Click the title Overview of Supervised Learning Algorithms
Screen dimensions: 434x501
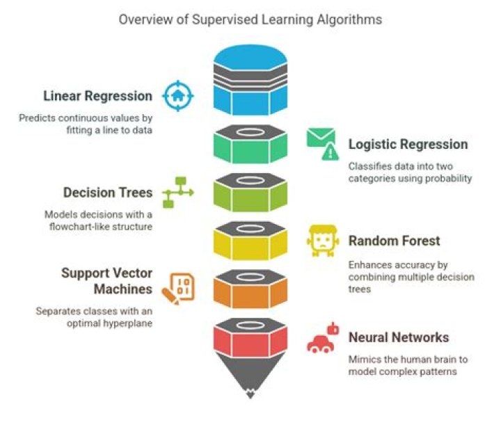click(x=250, y=19)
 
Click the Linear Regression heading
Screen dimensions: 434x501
click(x=97, y=96)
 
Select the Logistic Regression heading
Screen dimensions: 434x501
click(x=408, y=144)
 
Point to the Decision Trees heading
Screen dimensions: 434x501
click(x=108, y=193)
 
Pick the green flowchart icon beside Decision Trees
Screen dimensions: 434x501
click(x=177, y=192)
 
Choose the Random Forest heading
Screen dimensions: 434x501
click(x=395, y=241)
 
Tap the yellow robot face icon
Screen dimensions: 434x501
click(x=321, y=241)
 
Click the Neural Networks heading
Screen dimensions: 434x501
click(x=399, y=338)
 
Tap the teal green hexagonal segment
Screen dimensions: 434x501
click(x=250, y=147)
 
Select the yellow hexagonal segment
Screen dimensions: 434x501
click(x=250, y=245)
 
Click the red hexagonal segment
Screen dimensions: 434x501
click(x=250, y=341)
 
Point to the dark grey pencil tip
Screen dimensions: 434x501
click(x=250, y=379)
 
